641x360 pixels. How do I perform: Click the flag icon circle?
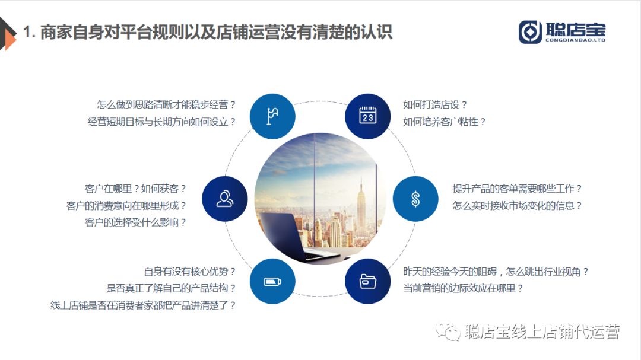(272, 116)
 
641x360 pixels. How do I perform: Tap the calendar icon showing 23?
(367, 116)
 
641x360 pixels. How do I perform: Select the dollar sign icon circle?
(415, 199)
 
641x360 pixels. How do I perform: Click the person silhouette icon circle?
(225, 199)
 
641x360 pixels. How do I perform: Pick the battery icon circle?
(272, 281)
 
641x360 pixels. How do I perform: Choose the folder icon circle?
(367, 281)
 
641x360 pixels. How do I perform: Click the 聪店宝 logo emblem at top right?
(530, 32)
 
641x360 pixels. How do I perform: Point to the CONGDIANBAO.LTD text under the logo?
(575, 40)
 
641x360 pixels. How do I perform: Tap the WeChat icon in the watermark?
(448, 332)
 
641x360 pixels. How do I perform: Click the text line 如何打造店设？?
(435, 104)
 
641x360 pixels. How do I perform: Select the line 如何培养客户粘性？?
(445, 122)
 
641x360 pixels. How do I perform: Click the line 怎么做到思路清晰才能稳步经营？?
(166, 104)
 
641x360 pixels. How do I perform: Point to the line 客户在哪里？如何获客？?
(136, 189)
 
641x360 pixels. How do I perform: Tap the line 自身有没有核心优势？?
(190, 272)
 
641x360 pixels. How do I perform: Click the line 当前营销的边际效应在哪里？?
(463, 288)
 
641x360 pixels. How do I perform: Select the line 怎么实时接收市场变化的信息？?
(517, 206)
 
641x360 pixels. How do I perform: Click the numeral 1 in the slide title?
(27, 32)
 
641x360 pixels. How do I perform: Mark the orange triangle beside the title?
(10, 40)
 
